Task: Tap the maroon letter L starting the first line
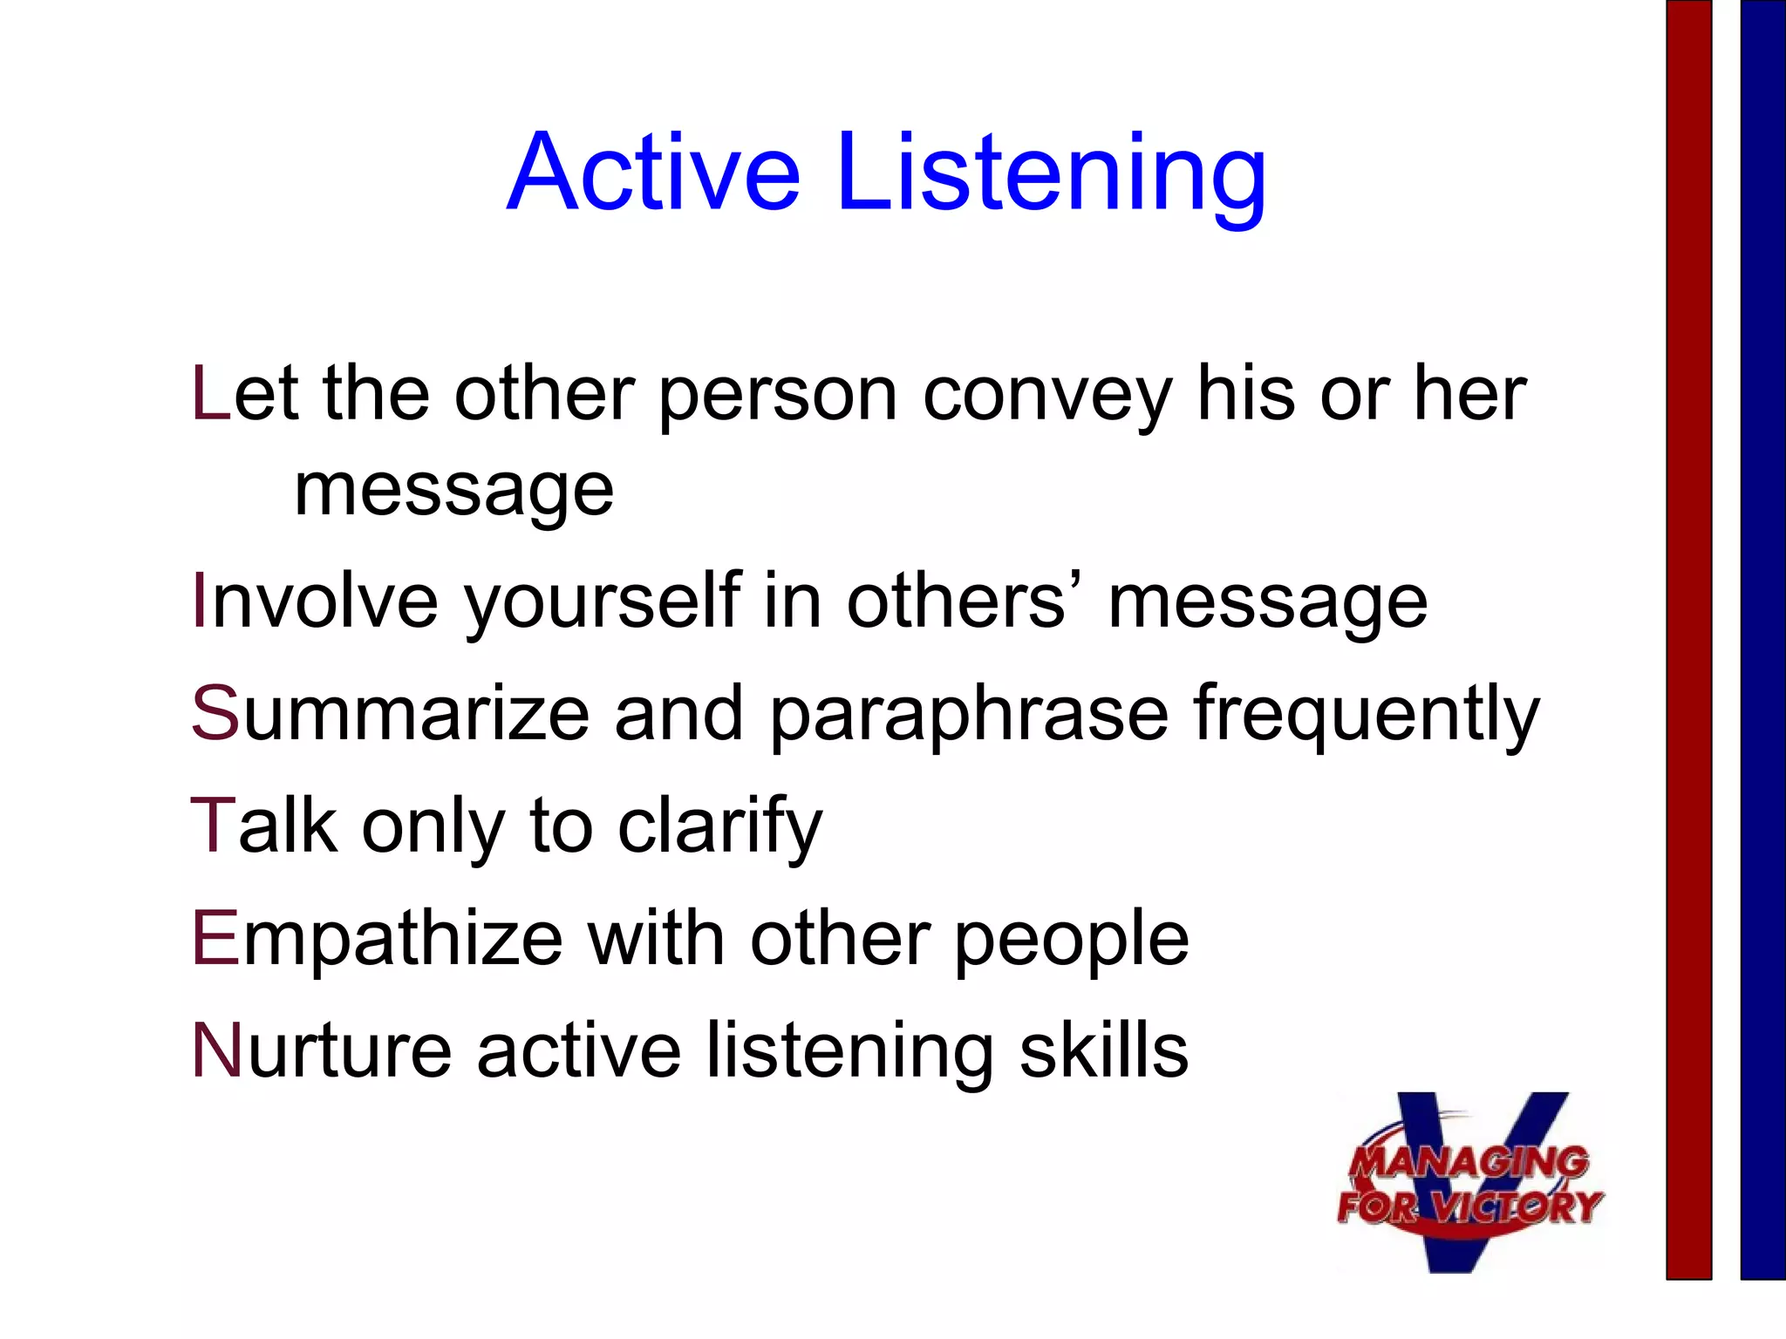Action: click(210, 394)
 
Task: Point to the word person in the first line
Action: click(777, 397)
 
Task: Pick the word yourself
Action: click(602, 603)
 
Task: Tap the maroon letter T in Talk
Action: click(213, 825)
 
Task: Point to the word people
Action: click(1071, 941)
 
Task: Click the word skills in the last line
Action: click(1103, 1051)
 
